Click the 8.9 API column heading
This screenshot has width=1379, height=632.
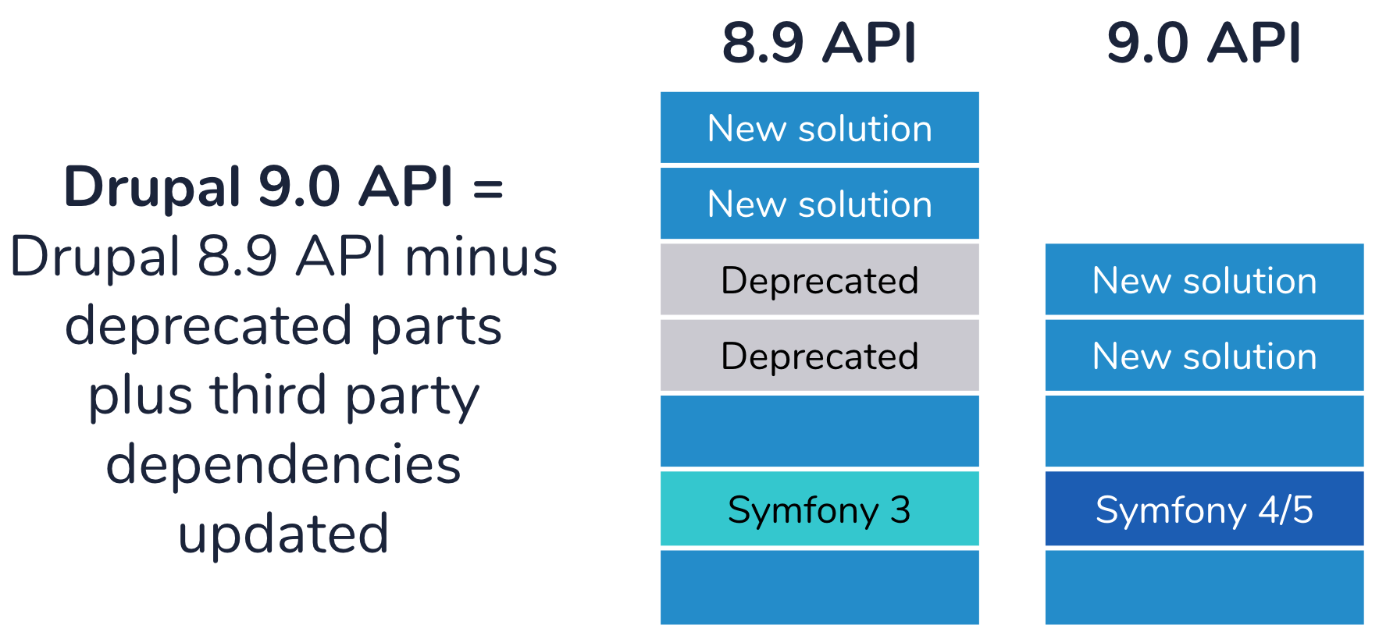click(x=819, y=43)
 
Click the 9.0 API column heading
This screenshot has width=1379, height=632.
click(x=1204, y=43)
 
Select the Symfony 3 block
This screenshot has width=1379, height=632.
click(x=820, y=509)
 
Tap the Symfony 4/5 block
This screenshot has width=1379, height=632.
click(x=1205, y=509)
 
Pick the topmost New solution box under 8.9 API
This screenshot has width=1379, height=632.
click(x=820, y=128)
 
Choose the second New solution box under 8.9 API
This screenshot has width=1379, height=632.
click(x=820, y=204)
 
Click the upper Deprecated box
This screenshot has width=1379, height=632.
click(x=820, y=279)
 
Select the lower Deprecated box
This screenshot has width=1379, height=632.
click(x=820, y=355)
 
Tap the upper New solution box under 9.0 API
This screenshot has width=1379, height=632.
click(x=1205, y=279)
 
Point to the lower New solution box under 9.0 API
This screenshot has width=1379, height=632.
click(x=1205, y=355)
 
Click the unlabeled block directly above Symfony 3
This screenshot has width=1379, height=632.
click(x=820, y=431)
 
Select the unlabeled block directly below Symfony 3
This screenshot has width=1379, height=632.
click(x=820, y=588)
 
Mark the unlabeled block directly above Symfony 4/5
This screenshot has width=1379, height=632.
click(x=1205, y=431)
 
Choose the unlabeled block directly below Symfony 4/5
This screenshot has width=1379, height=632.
click(x=1205, y=588)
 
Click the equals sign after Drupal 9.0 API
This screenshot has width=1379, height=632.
click(x=488, y=189)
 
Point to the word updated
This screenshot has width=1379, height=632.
click(x=283, y=534)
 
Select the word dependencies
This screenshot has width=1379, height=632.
click(x=283, y=464)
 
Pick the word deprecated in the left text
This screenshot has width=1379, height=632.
click(x=208, y=326)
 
